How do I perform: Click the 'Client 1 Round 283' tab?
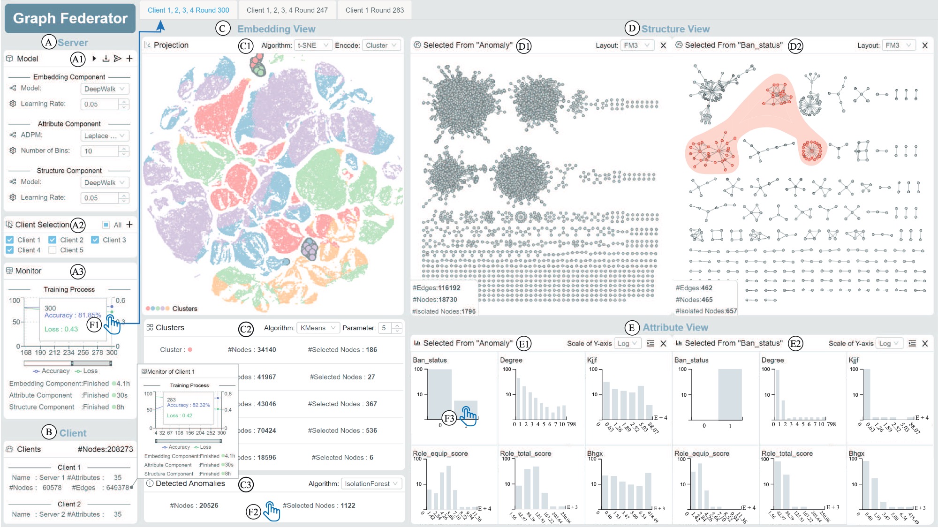(x=374, y=10)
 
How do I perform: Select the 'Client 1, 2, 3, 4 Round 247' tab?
(x=287, y=10)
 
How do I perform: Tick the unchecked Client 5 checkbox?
(x=53, y=250)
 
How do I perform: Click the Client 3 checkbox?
(x=95, y=240)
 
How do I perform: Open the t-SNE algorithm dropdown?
(x=313, y=45)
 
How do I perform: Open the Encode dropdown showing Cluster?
(x=381, y=45)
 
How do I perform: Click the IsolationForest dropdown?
(x=371, y=483)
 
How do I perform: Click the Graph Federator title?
(x=70, y=18)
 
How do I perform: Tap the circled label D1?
(x=523, y=46)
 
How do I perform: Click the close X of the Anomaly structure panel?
(x=663, y=45)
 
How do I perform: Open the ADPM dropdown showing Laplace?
(x=104, y=136)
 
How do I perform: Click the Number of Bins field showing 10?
(x=99, y=151)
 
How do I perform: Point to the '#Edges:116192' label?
(x=436, y=288)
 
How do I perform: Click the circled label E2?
(x=795, y=344)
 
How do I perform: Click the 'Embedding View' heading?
(x=276, y=29)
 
